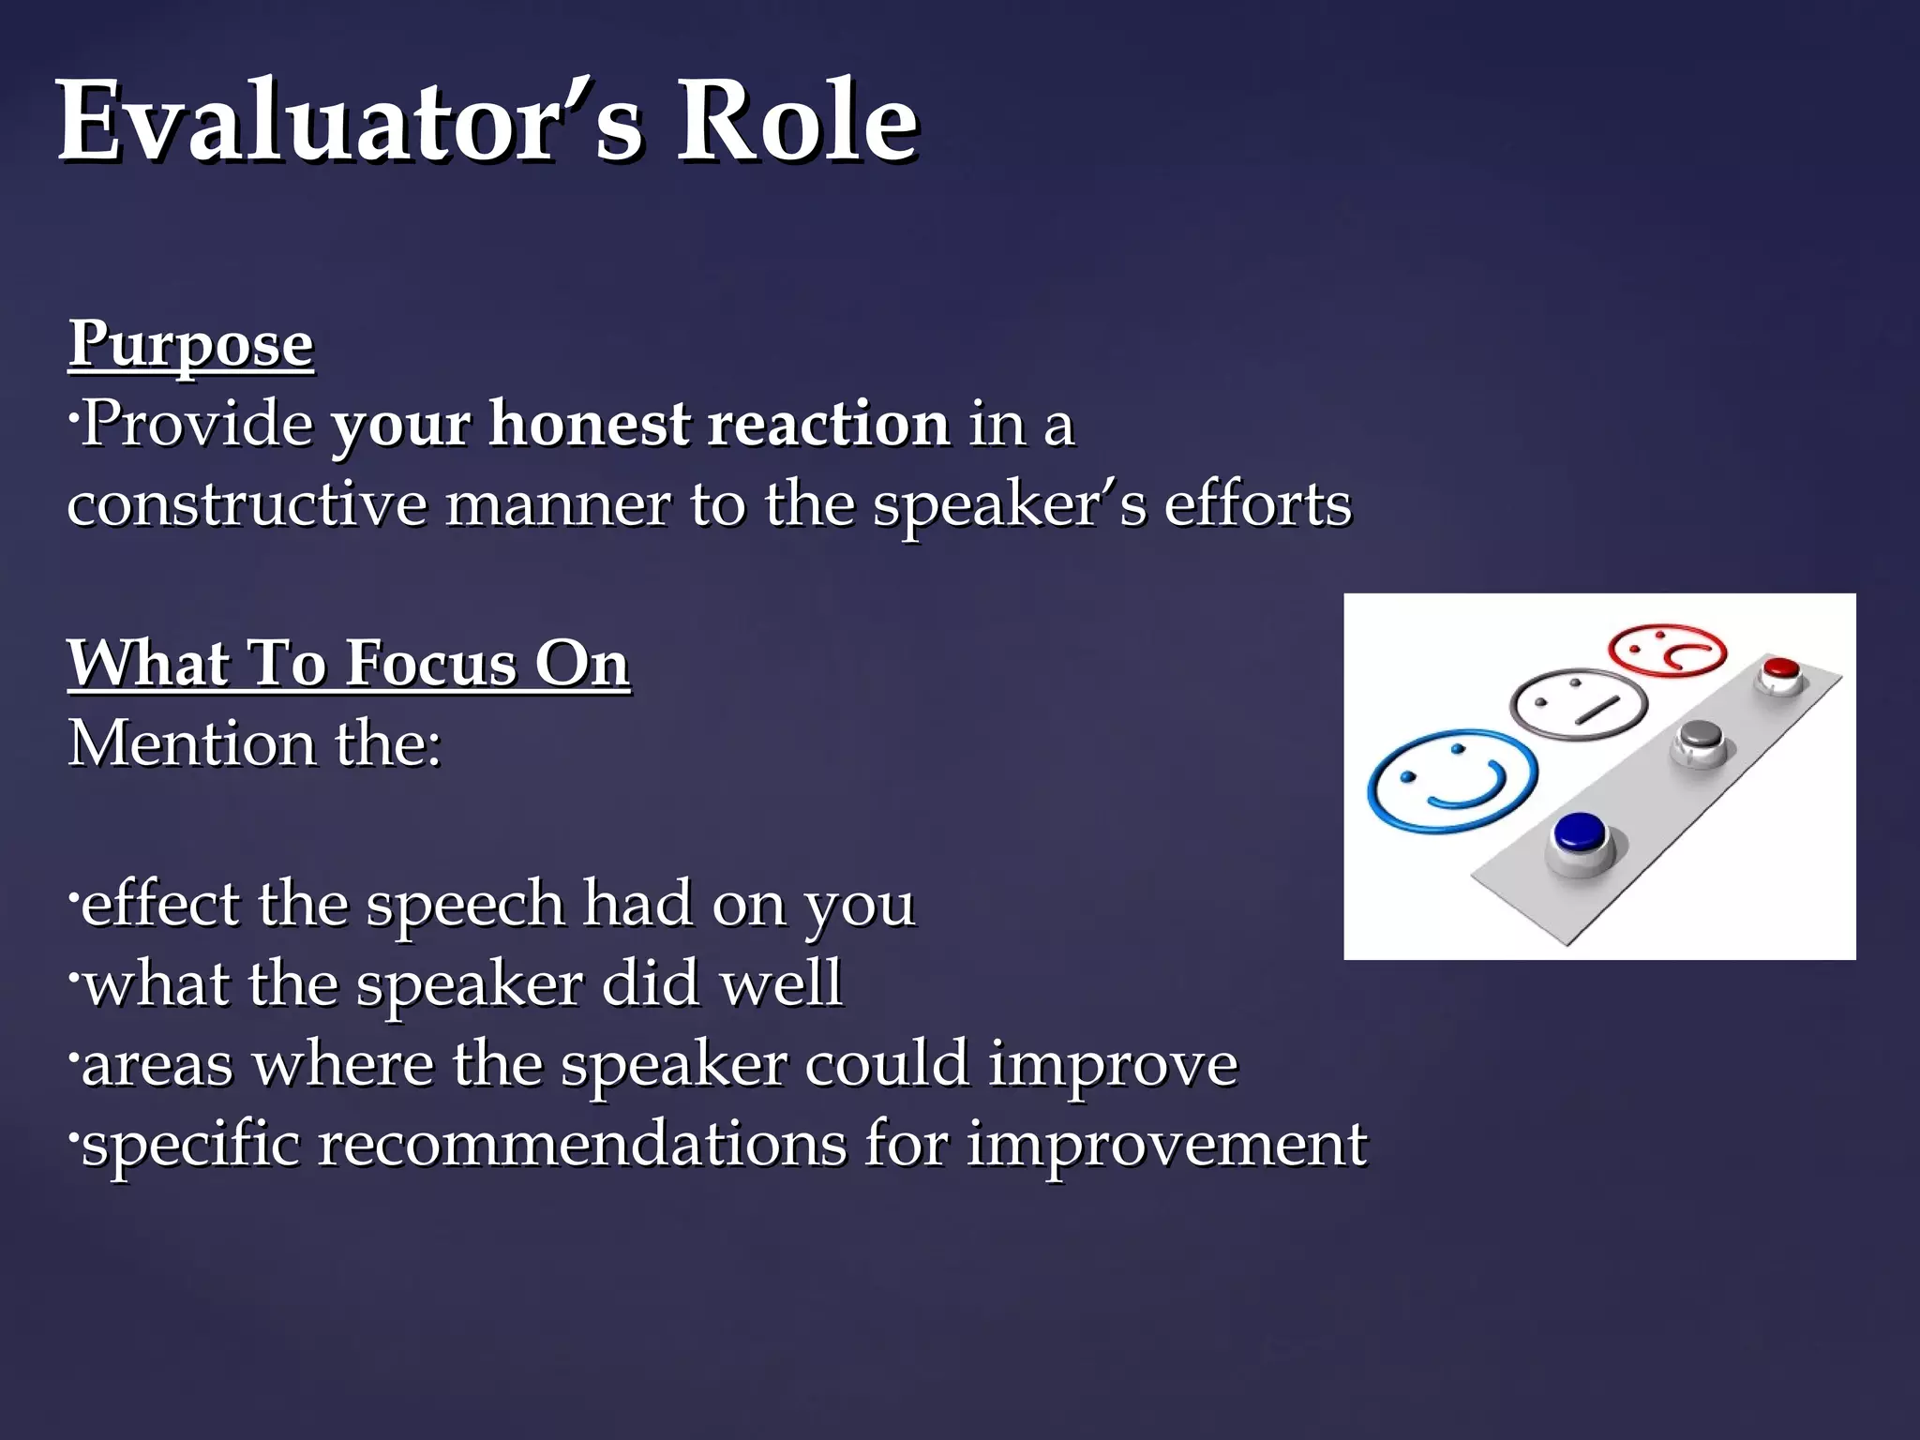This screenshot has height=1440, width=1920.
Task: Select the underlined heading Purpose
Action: (x=190, y=345)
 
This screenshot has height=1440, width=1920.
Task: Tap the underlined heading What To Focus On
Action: (x=348, y=664)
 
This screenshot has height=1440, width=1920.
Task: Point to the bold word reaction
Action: (x=829, y=424)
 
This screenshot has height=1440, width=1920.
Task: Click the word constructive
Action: (x=247, y=504)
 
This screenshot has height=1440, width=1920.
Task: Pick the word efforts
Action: (x=1257, y=504)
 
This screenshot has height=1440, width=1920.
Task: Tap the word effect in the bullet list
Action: (x=160, y=904)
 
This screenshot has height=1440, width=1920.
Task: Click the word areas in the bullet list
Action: (x=157, y=1065)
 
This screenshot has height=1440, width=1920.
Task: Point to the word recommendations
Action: (x=582, y=1144)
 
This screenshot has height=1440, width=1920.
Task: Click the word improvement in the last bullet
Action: (x=1166, y=1144)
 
